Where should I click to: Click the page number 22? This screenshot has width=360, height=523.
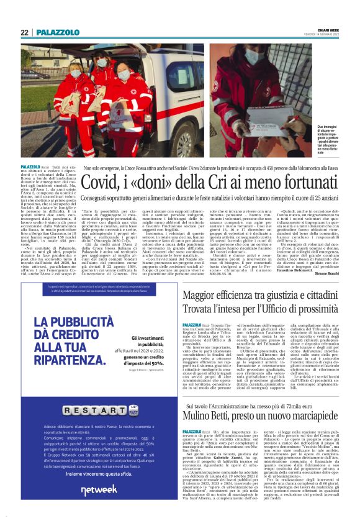[24, 32]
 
